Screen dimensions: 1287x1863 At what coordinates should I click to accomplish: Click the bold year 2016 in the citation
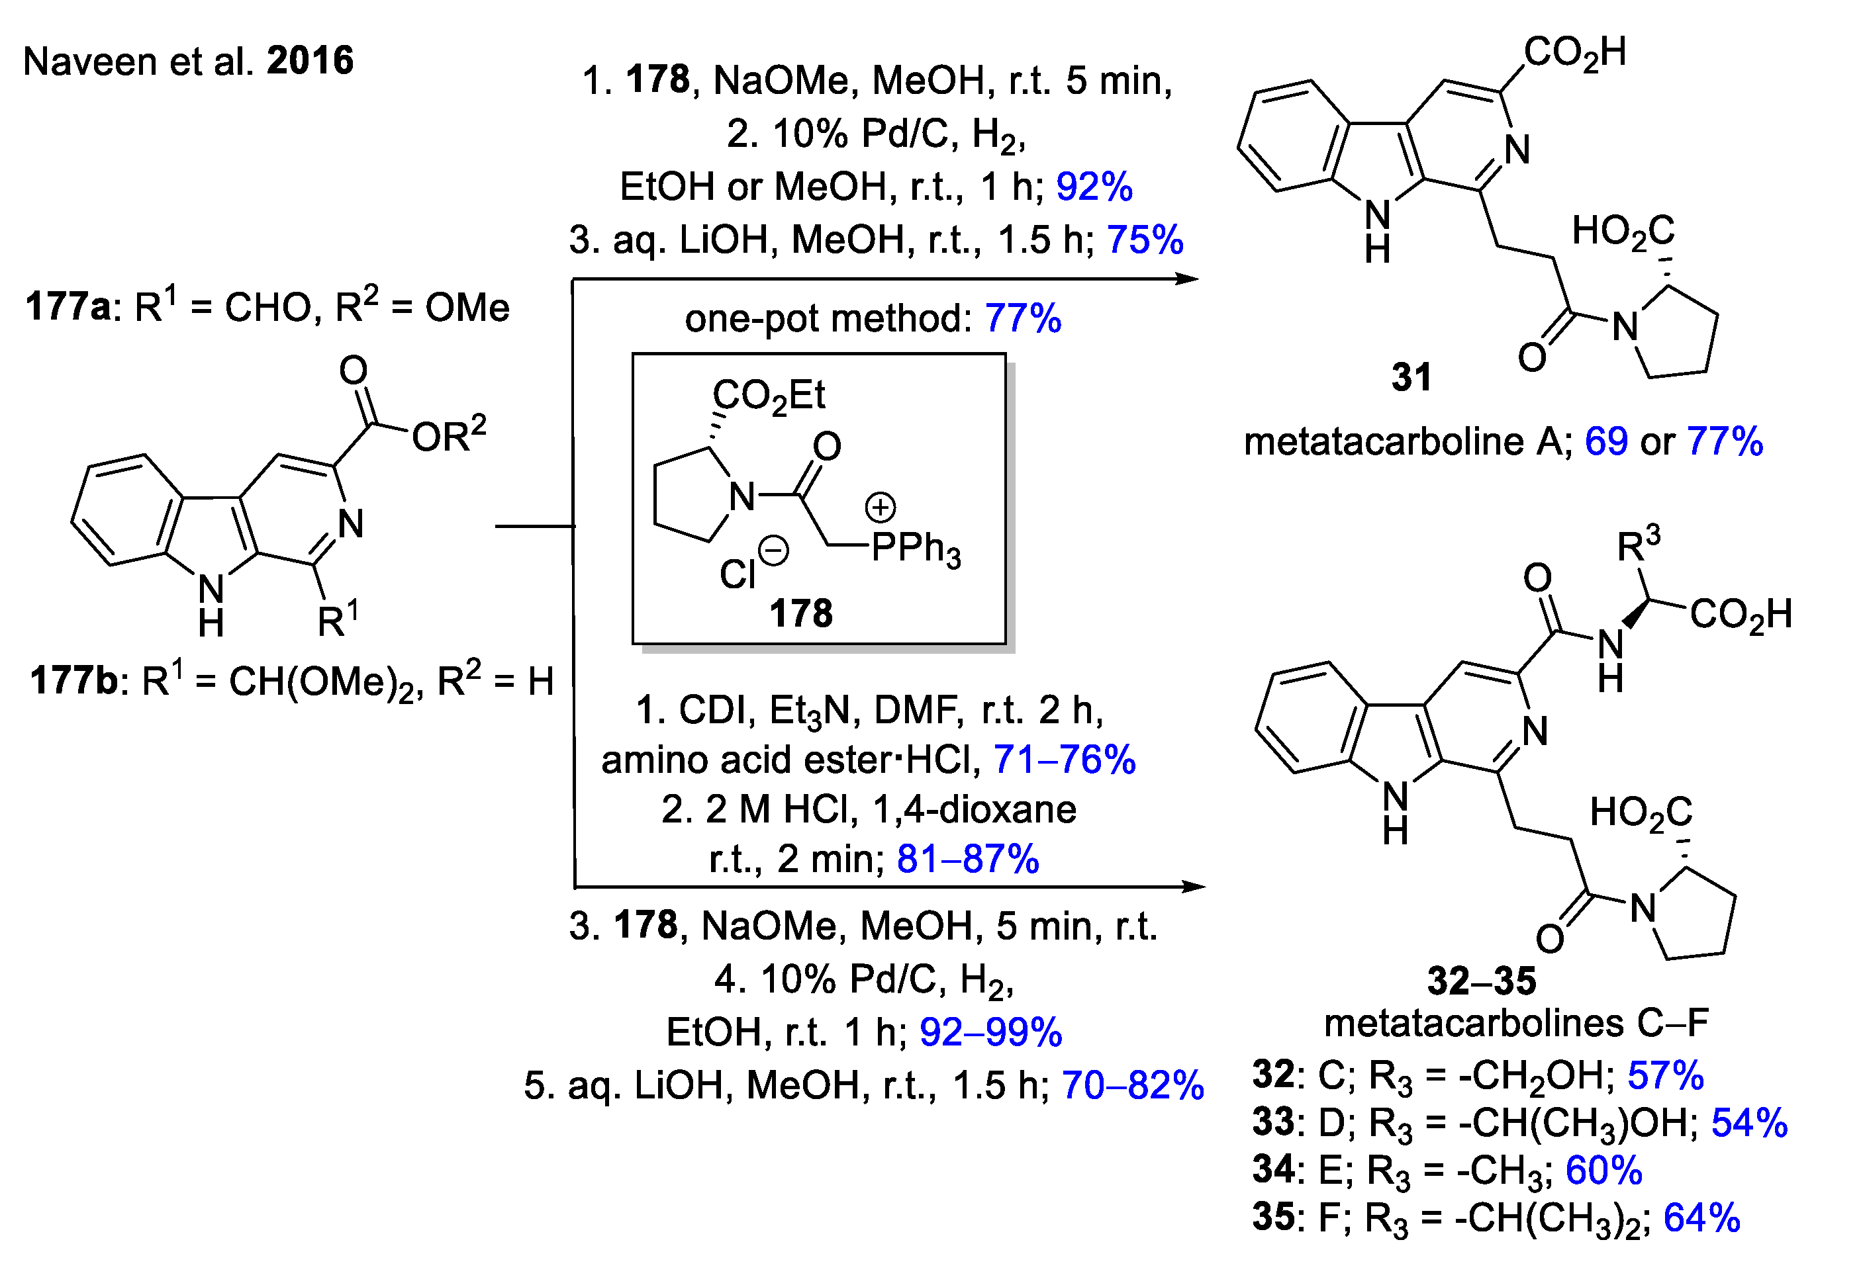coord(310,62)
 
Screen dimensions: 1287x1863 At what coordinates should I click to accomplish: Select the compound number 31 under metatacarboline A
coord(1411,377)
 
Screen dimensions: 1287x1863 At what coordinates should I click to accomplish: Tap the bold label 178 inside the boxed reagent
coord(800,613)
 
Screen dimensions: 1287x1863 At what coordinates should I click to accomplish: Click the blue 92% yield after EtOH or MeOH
coord(1094,187)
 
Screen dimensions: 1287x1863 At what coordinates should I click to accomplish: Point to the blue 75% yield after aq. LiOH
coord(1145,240)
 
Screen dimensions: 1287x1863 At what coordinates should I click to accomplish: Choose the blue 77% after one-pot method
coord(1022,318)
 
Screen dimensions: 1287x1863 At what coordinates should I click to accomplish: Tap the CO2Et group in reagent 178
coord(768,396)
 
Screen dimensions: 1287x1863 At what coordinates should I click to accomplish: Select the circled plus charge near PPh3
coord(881,508)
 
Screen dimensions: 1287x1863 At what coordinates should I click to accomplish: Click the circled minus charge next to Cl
coord(774,552)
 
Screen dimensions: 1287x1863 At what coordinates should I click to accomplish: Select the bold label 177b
coord(73,681)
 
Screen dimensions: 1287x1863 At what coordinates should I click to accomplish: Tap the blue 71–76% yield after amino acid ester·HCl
coord(1064,760)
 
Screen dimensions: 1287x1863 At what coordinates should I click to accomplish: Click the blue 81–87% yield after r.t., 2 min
coord(967,860)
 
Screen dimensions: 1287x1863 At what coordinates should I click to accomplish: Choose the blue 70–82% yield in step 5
coord(1133,1085)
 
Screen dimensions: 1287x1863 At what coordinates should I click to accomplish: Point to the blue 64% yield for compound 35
coord(1701,1218)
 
